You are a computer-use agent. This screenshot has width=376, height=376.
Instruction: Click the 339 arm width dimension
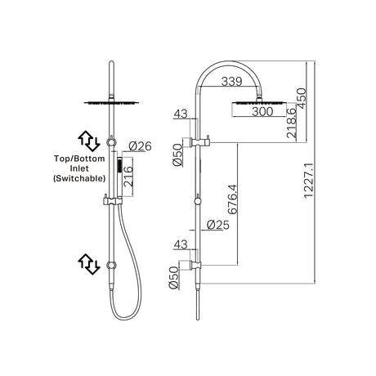coord(231,81)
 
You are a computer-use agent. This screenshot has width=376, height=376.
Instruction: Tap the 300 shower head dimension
coord(262,111)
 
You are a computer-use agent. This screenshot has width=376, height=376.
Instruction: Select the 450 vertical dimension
coord(302,98)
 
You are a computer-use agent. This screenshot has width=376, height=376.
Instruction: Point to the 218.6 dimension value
coord(291,123)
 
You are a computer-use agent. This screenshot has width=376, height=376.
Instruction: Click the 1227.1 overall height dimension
coord(309,181)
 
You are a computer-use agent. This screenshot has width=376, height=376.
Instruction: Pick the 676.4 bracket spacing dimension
coord(232,199)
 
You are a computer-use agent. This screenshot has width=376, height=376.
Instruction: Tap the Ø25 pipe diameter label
coord(218,225)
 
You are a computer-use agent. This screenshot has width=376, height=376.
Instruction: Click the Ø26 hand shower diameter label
coord(140,146)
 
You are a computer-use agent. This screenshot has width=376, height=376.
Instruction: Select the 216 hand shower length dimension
coord(128,177)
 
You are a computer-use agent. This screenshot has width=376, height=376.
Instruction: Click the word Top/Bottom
coord(79,159)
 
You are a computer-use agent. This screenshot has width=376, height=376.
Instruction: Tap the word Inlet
coord(79,168)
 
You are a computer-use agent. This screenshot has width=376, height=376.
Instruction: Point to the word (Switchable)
coord(79,178)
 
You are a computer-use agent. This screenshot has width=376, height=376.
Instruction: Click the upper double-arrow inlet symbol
coord(89,141)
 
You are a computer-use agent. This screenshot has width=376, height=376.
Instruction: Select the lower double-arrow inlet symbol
coord(89,264)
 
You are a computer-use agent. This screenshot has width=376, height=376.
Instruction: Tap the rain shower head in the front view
coord(111,103)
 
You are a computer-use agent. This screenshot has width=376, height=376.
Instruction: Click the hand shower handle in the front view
coord(119,177)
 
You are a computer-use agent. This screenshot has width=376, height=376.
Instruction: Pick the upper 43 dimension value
coord(181,114)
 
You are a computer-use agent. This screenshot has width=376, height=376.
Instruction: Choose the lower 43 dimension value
coord(181,244)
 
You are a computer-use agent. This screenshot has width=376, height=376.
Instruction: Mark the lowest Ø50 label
coord(173,278)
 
